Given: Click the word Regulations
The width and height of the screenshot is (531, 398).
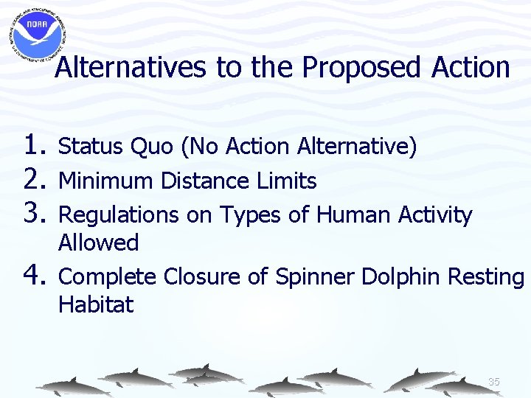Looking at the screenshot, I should (118, 215).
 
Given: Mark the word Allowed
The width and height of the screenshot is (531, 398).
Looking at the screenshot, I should (98, 242).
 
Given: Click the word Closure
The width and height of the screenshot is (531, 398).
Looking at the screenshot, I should (198, 277).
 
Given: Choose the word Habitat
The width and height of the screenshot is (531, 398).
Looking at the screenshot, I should (96, 304).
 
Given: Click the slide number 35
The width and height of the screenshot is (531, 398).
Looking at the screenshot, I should (494, 382).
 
